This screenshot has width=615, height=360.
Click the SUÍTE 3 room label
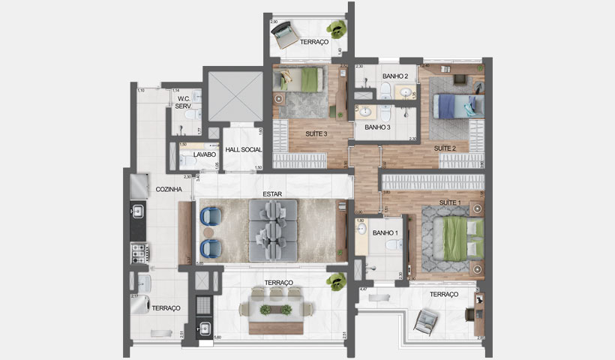point(314,133)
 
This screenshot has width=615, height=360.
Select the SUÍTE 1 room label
point(449,203)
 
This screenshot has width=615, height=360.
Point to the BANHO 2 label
point(394,76)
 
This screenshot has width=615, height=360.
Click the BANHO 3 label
point(377,127)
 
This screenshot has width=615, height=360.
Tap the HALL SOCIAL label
point(243,150)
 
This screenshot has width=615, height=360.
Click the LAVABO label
point(205,154)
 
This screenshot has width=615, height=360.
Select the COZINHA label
point(169,190)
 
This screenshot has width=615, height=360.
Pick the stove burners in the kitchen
point(138,252)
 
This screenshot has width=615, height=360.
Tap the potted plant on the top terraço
point(338,29)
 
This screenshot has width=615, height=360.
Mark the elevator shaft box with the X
point(233,96)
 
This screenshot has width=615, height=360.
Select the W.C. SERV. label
point(183,103)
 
